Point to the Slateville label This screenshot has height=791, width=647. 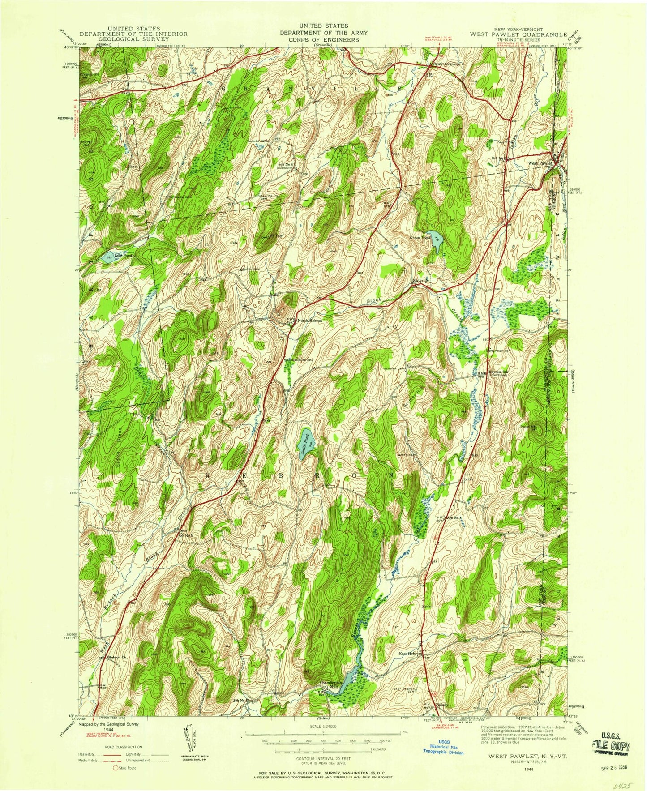click(420, 281)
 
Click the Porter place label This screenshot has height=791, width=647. click(468, 479)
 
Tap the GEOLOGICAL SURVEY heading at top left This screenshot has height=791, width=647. click(133, 39)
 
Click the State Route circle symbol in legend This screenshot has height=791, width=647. click(115, 768)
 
